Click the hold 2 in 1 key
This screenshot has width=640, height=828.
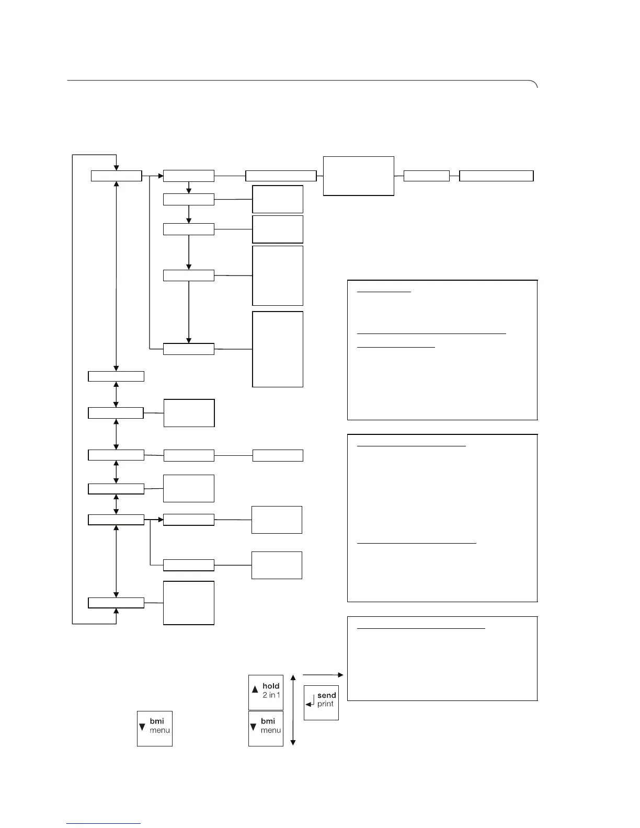(266, 692)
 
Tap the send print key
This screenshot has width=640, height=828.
(321, 702)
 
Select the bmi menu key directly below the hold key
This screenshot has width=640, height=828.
(266, 728)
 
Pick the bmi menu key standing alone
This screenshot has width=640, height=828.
(155, 728)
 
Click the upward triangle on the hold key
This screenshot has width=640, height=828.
(255, 689)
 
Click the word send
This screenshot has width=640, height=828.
(327, 695)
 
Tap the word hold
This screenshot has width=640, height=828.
(271, 686)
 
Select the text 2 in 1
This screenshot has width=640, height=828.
(271, 695)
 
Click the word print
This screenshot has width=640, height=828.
(325, 704)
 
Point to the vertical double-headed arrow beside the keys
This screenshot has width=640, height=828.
(293, 709)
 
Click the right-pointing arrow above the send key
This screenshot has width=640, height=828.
(323, 675)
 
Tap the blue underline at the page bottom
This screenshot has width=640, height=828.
(104, 824)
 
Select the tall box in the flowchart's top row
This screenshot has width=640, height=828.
(359, 176)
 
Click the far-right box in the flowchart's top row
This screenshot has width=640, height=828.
(496, 176)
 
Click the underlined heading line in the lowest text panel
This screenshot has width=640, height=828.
(421, 628)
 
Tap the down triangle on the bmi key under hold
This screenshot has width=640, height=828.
(254, 727)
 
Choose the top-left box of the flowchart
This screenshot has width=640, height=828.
(116, 176)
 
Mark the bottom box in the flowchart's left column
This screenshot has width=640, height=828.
(116, 603)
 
